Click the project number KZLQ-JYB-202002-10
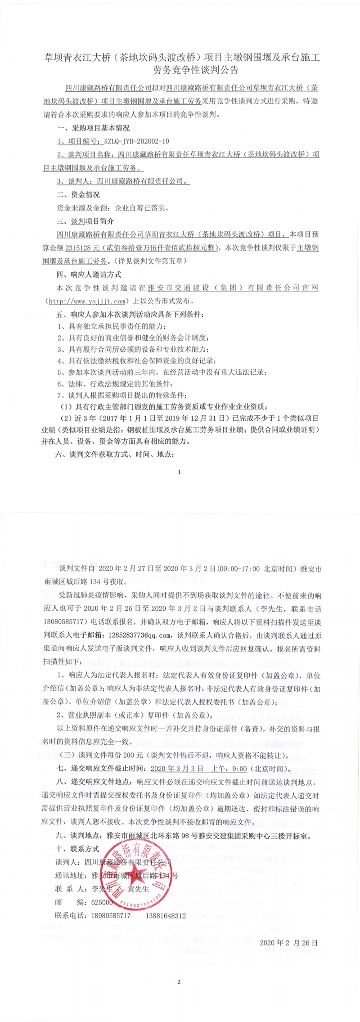pyautogui.click(x=136, y=141)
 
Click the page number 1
pyautogui.click(x=179, y=472)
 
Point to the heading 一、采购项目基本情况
pyautogui.click(x=94, y=128)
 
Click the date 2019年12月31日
pyautogui.click(x=204, y=418)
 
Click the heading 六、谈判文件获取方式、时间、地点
pyautogui.click(x=115, y=454)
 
